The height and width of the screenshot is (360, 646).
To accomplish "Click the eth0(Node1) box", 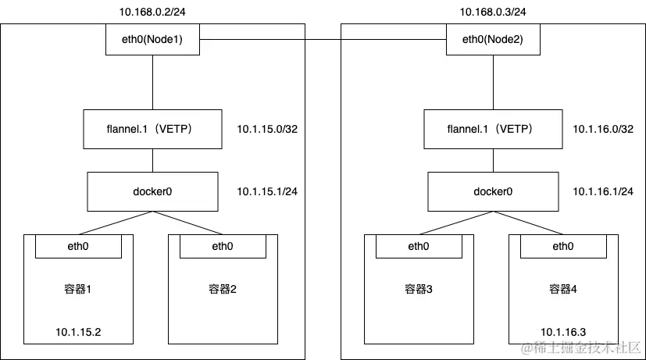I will (x=153, y=39).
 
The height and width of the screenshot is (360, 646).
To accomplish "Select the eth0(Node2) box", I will (x=493, y=39).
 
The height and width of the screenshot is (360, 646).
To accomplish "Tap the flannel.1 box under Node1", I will (x=152, y=129).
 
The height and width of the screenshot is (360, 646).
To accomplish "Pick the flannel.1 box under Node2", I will (x=492, y=129).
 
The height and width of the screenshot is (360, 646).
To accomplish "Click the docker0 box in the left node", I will (x=152, y=191).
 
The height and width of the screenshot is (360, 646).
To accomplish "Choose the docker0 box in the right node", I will (x=492, y=191).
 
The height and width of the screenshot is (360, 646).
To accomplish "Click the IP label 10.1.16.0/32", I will (x=603, y=129).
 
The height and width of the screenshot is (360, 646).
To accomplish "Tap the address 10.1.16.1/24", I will (x=603, y=191).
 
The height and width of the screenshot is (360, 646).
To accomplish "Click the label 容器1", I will (x=78, y=289).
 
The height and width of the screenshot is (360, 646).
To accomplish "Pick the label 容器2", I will (x=223, y=289).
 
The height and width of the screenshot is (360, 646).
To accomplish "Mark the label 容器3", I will (x=419, y=289).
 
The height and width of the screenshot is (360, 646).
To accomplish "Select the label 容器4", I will (x=563, y=289).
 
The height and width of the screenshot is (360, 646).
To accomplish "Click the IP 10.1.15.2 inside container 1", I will (x=78, y=332).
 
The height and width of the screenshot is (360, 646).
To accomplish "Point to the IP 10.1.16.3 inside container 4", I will (x=563, y=332).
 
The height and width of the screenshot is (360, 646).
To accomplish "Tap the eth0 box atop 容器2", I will (x=223, y=247).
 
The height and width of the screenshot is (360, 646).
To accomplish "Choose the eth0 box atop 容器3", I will (x=419, y=247).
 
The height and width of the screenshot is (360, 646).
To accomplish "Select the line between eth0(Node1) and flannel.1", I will (x=152, y=82).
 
